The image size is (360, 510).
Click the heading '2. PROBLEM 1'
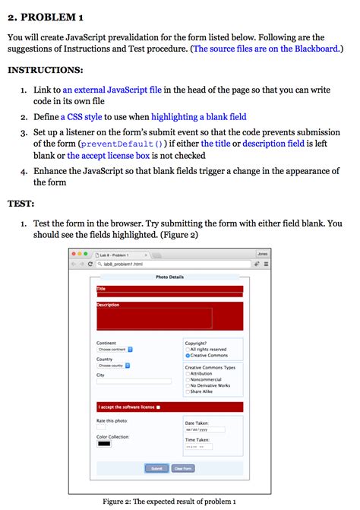pos(46,17)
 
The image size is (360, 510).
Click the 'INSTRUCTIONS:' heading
pos(45,70)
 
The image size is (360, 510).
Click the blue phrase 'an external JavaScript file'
pos(106,90)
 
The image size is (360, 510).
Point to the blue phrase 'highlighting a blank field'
pos(198,117)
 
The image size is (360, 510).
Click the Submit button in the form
pos(156,468)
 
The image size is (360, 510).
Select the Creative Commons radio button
pos(188,356)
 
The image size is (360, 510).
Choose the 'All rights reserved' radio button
pos(188,350)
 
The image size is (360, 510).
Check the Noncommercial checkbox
pos(188,379)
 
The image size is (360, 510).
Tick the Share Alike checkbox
pos(188,391)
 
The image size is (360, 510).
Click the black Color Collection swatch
pos(103,444)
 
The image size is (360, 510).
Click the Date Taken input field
pos(204,429)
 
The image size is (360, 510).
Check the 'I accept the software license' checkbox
pos(158,407)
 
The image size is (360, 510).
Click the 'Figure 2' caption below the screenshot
pos(169,502)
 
